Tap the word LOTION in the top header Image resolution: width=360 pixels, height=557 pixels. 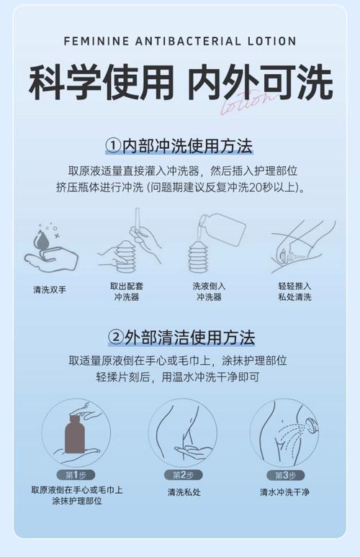pyautogui.click(x=271, y=42)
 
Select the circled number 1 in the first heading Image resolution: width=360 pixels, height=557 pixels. pyautogui.click(x=112, y=147)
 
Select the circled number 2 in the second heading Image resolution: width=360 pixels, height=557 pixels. pyautogui.click(x=115, y=337)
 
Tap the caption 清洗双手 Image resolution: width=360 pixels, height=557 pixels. pyautogui.click(x=50, y=289)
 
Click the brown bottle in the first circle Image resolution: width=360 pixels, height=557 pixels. pyautogui.click(x=75, y=433)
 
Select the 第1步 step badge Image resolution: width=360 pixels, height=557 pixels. pyautogui.click(x=76, y=475)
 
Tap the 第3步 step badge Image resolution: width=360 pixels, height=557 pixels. pyautogui.click(x=285, y=475)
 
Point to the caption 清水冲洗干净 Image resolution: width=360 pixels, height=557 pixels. pyautogui.click(x=285, y=492)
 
